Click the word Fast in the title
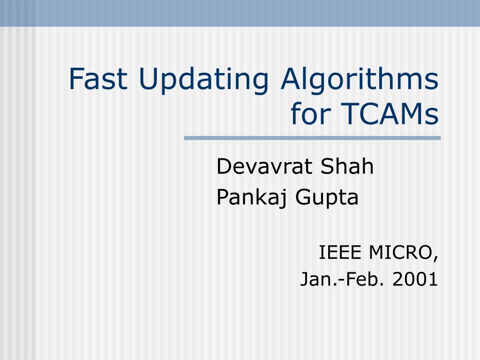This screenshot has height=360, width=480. (98, 80)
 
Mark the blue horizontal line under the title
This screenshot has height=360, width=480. (312, 138)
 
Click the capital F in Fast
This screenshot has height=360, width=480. (75, 80)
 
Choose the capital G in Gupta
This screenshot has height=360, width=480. (304, 198)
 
